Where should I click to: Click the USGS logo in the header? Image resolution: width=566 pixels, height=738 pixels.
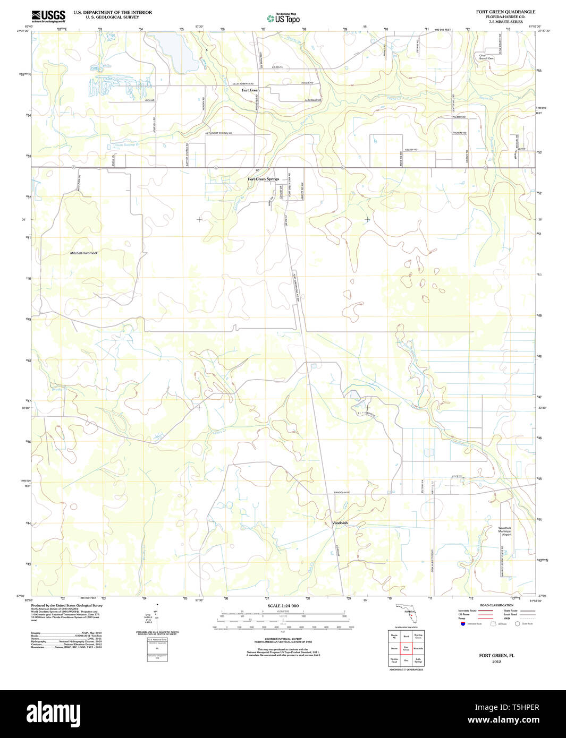(48, 15)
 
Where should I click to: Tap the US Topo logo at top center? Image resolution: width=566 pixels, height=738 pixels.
(284, 18)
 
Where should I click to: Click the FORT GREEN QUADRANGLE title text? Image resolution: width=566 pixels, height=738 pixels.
(505, 12)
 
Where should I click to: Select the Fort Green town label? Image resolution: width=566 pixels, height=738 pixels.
(251, 90)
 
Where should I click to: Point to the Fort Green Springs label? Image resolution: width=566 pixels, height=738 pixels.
(263, 179)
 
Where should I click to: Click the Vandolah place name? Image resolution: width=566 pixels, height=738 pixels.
(340, 523)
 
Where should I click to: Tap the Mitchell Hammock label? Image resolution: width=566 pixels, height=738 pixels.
(84, 253)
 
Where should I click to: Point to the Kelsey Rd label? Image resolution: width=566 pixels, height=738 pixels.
(411, 150)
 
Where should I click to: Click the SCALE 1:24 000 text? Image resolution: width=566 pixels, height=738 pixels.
(283, 606)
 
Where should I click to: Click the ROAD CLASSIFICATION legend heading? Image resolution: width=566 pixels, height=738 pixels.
(496, 605)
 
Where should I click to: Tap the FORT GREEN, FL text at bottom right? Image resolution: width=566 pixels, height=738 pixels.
(496, 656)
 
